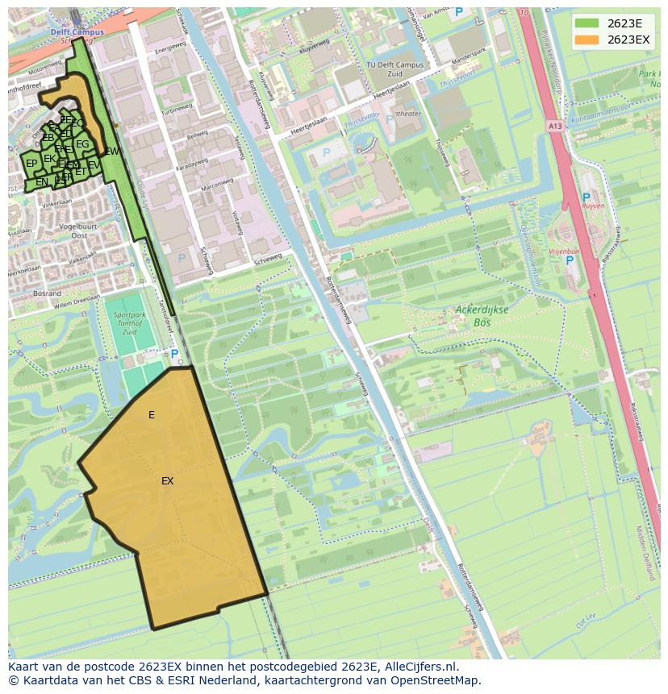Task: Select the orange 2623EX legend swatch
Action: [587, 39]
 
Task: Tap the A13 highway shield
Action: [554, 126]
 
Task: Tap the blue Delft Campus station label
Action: [73, 32]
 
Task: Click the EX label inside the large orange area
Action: [167, 481]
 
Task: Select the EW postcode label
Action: [112, 151]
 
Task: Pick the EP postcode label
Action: [31, 164]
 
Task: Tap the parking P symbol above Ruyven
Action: [586, 197]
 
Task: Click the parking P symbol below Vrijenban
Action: [570, 260]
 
